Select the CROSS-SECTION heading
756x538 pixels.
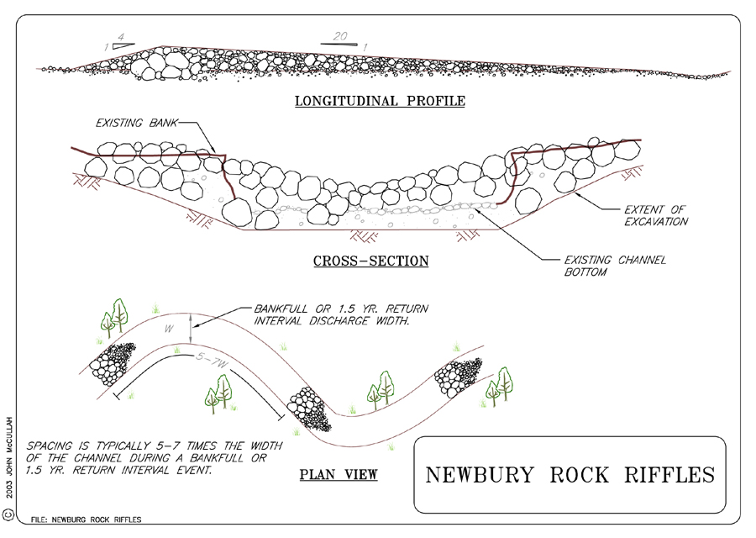370,261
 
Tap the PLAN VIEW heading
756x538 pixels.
339,476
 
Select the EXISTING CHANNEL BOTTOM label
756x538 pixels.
613,266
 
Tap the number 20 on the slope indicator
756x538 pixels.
340,37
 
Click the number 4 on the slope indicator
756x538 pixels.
122,38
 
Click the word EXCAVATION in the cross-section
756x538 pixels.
657,222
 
